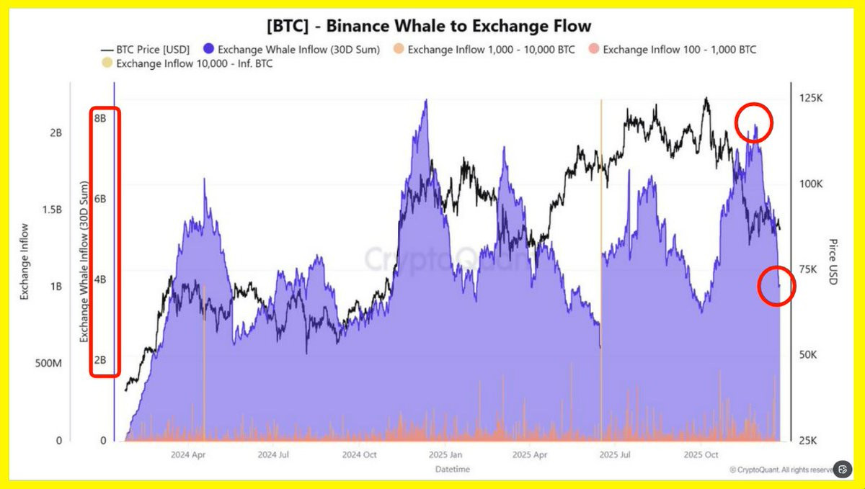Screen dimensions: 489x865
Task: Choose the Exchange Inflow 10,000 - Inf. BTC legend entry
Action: (189, 64)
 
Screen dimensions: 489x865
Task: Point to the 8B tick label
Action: (100, 118)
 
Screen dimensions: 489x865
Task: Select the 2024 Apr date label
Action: (190, 455)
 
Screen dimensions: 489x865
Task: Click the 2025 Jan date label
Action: (445, 455)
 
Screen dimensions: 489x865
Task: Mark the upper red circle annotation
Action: (754, 122)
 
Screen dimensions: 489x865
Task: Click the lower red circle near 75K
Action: (777, 286)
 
